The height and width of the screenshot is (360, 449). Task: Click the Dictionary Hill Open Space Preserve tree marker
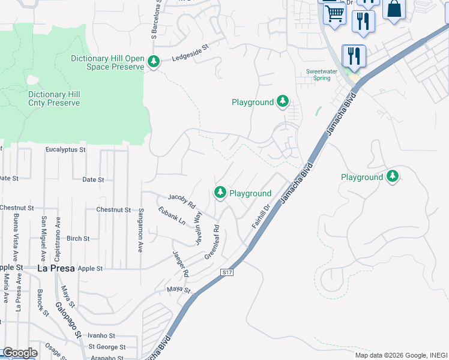pyautogui.click(x=154, y=61)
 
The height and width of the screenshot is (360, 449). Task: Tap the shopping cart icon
pyautogui.click(x=334, y=13)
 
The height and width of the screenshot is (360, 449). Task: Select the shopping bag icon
pyautogui.click(x=394, y=10)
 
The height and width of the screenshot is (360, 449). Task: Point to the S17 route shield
pyautogui.click(x=226, y=272)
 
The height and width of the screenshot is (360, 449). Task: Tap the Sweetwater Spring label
pyautogui.click(x=322, y=74)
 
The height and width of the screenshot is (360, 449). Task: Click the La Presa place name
pyautogui.click(x=56, y=268)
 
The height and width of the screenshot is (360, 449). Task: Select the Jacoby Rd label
pyautogui.click(x=182, y=200)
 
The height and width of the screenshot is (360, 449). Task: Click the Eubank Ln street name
pyautogui.click(x=172, y=217)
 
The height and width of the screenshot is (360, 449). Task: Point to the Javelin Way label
pyautogui.click(x=197, y=229)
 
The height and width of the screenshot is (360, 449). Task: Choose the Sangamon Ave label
pyautogui.click(x=140, y=230)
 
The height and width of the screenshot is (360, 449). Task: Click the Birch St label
pyautogui.click(x=78, y=238)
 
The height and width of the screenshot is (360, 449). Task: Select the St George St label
pyautogui.click(x=106, y=347)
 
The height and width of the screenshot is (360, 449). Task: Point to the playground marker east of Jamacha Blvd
pyautogui.click(x=393, y=176)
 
